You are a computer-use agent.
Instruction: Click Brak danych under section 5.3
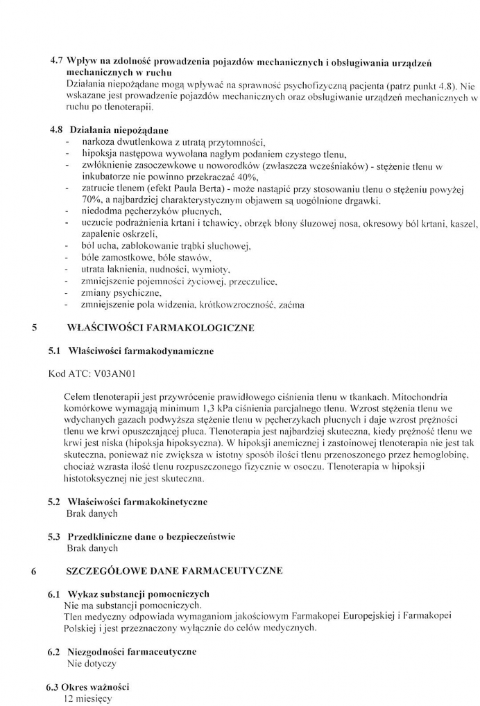pyautogui.click(x=91, y=548)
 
